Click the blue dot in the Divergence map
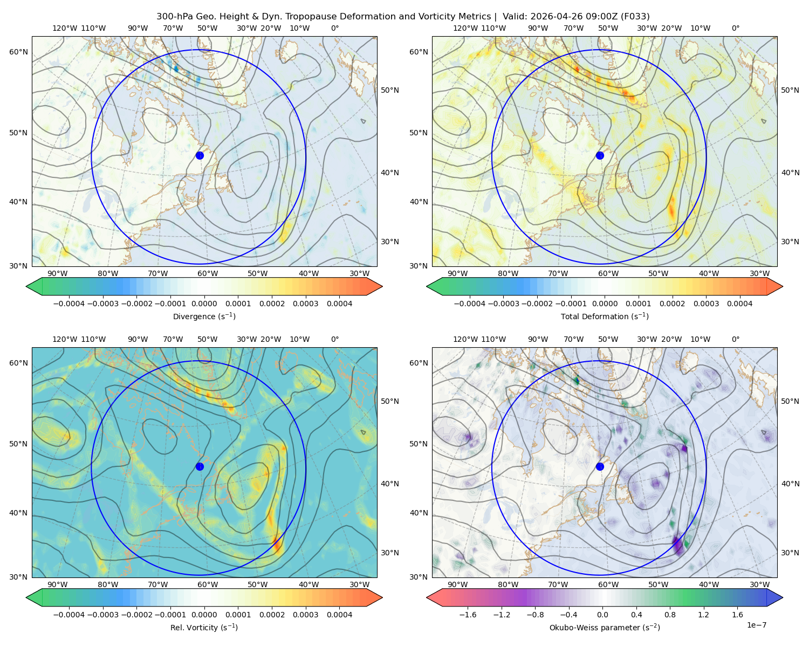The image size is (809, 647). pos(200,155)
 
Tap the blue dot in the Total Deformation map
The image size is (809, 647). pos(600,155)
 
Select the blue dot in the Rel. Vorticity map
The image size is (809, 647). pos(200,466)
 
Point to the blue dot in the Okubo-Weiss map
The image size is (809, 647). pos(600,466)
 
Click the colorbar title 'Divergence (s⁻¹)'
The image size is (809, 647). pos(204,316)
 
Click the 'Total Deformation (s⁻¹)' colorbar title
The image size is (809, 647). pos(605,316)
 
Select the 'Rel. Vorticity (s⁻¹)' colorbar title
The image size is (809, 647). pos(204,628)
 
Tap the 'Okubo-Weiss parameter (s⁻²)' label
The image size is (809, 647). pos(605,628)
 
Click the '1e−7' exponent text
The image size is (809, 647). pos(756,625)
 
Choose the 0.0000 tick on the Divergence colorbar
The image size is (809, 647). pos(204,304)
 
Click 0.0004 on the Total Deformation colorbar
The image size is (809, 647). pos(739,304)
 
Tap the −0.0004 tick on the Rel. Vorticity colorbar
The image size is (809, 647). pos(69,615)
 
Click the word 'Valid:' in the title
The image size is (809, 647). pos(515,17)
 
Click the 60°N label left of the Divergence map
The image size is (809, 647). pos(18,52)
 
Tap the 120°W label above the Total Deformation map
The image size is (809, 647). pos(465,28)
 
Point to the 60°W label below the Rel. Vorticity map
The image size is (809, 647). pos(208,584)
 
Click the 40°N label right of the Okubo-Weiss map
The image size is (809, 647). pos(790,484)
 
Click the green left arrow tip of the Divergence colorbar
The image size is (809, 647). pos(26,286)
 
